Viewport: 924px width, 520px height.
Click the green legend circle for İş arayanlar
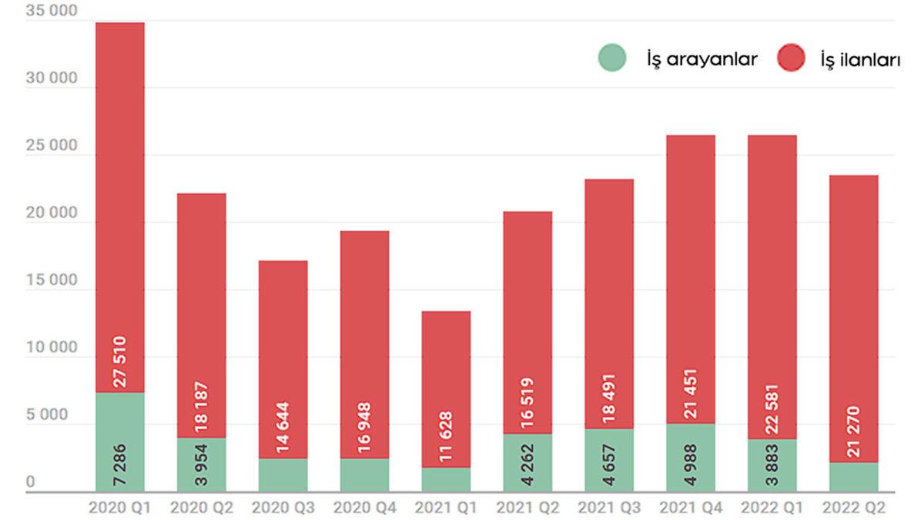tap(612, 59)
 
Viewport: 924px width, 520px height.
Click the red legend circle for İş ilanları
tap(791, 59)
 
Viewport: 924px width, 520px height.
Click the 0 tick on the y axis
tap(31, 481)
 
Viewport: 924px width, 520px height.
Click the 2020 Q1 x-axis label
tap(119, 508)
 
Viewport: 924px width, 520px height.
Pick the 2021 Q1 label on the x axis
tap(446, 508)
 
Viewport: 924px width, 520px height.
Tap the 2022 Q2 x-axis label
tap(853, 508)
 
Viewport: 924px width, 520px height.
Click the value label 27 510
tap(121, 361)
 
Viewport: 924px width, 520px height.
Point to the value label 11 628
tap(447, 437)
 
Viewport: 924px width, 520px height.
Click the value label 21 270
tap(854, 431)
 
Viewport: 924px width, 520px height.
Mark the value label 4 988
tap(691, 464)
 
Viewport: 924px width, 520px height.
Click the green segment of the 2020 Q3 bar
tap(283, 475)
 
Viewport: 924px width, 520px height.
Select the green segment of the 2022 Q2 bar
tap(854, 477)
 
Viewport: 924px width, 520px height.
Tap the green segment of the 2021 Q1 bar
tap(447, 479)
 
